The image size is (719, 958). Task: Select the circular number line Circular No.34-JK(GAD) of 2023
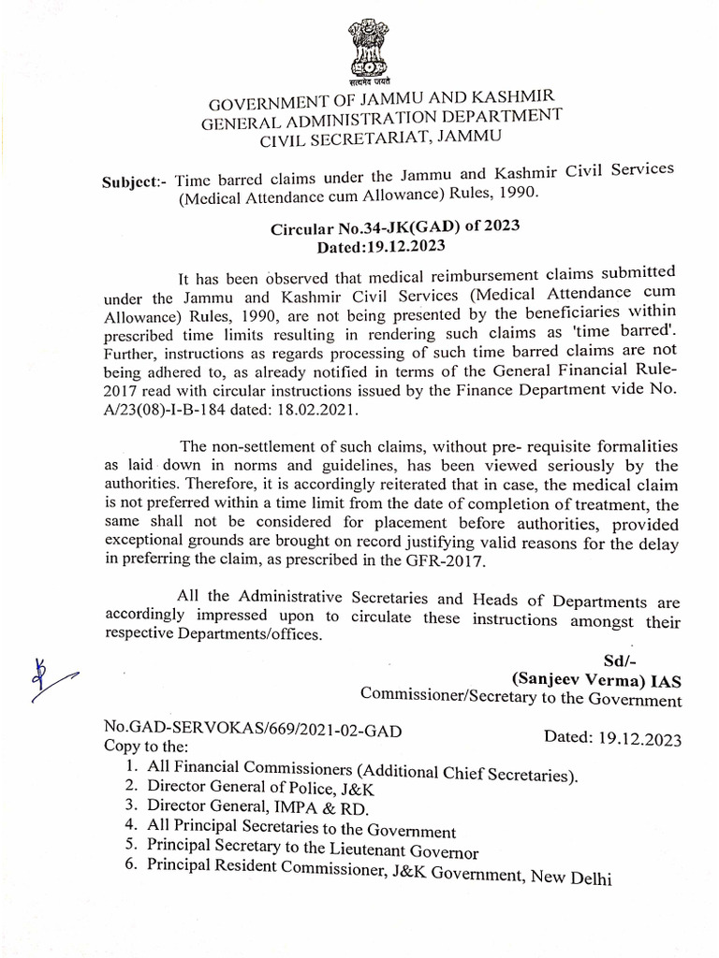point(395,227)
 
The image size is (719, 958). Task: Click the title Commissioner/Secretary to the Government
point(521,699)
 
